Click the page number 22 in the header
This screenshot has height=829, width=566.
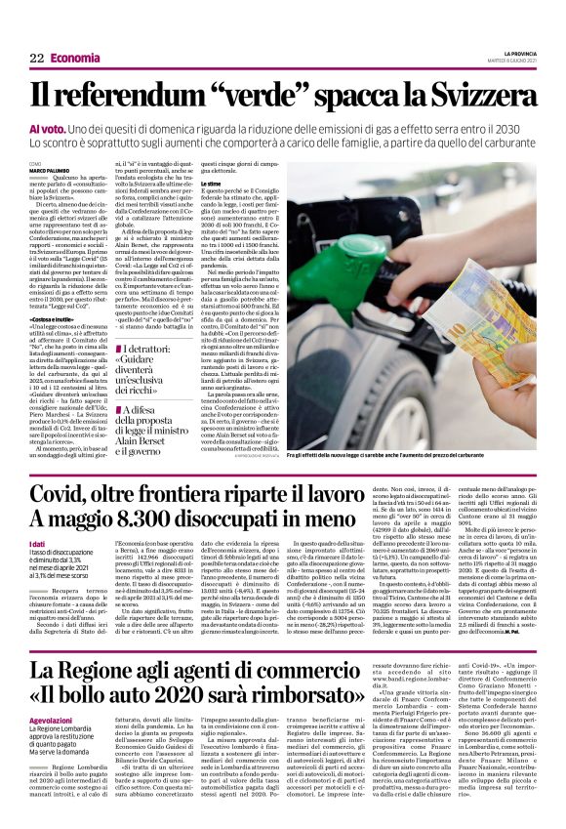(36, 59)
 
